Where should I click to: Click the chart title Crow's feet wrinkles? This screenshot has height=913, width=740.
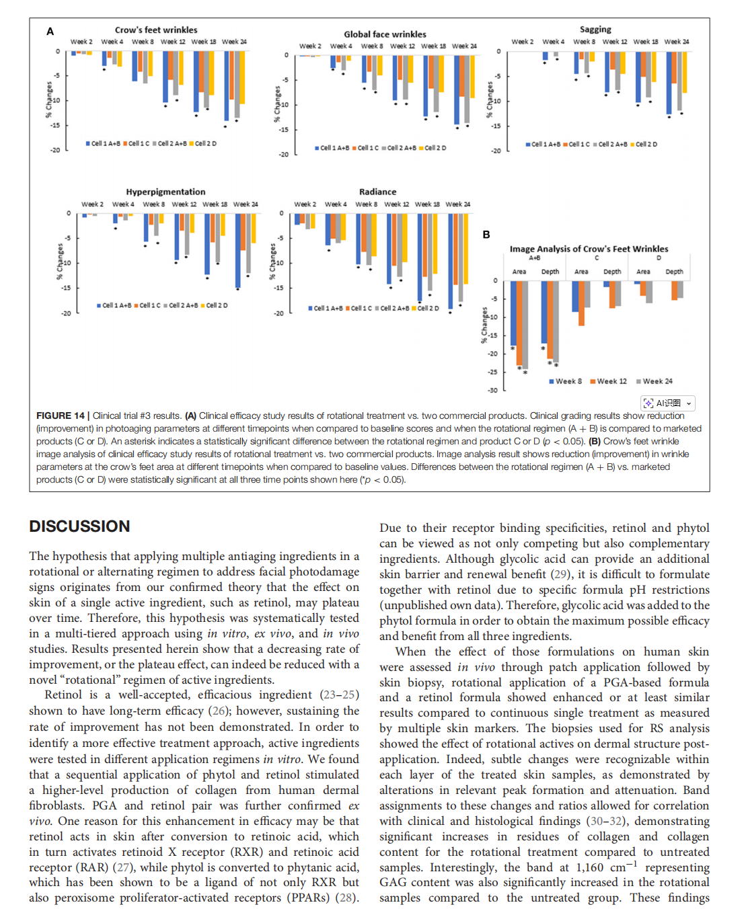tap(156, 30)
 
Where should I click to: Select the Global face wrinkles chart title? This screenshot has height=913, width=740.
tap(385, 34)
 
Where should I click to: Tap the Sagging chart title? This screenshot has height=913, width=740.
tap(595, 30)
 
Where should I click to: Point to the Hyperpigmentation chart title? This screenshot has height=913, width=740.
tap(165, 192)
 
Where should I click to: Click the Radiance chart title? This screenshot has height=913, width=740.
tap(377, 192)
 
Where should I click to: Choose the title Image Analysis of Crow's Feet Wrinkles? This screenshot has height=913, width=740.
tap(589, 249)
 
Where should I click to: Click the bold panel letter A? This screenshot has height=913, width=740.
tap(50, 32)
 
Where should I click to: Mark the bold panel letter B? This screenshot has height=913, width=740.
tap(486, 235)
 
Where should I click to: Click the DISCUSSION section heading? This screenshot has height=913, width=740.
tap(79, 526)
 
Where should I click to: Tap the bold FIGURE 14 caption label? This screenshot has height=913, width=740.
tap(61, 416)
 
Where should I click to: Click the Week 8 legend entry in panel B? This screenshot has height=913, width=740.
tap(565, 381)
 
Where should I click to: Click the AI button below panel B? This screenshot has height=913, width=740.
tap(668, 403)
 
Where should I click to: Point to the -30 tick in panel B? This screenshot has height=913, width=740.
tap(492, 390)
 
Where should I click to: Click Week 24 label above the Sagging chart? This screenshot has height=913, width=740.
tap(676, 42)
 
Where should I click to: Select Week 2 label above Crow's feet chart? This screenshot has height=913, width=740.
tap(81, 42)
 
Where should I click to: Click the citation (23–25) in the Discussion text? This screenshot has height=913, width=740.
tap(340, 695)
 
